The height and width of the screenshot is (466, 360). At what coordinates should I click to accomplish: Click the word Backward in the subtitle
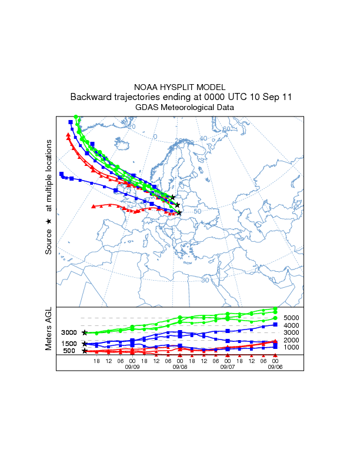click(91, 97)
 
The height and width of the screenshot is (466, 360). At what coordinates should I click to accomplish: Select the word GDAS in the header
click(146, 107)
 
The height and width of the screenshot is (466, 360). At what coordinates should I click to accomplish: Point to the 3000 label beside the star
click(69, 333)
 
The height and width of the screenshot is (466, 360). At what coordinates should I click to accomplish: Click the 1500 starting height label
click(69, 344)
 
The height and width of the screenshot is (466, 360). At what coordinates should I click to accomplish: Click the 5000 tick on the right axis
click(292, 318)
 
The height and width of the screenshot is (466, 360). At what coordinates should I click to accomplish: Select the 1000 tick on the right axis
click(292, 348)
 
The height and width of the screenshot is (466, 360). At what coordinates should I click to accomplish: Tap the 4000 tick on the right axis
click(292, 325)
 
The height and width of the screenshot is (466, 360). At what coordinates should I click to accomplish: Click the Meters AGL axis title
click(49, 329)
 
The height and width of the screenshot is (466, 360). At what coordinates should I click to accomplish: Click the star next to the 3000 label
click(85, 333)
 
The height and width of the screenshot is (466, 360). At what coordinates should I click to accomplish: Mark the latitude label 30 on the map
click(205, 280)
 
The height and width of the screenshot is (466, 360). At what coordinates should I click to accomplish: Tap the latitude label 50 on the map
click(198, 211)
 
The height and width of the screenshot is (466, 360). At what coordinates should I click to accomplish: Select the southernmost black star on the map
click(179, 212)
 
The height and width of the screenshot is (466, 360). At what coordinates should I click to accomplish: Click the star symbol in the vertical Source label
click(49, 221)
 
